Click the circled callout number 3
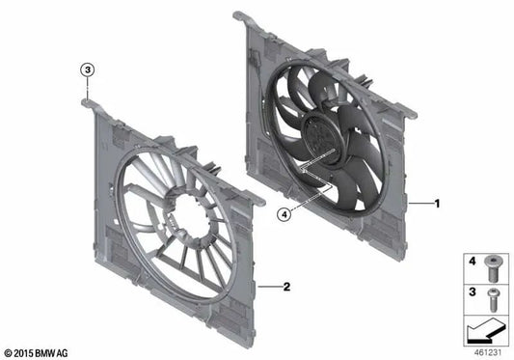[87, 70]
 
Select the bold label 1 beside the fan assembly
[437, 204]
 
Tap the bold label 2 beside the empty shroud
[286, 287]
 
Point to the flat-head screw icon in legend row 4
[494, 262]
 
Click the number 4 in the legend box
[473, 262]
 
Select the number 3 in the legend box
[473, 290]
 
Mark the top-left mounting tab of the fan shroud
[240, 17]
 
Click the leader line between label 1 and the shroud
[419, 204]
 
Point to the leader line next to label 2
[269, 287]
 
